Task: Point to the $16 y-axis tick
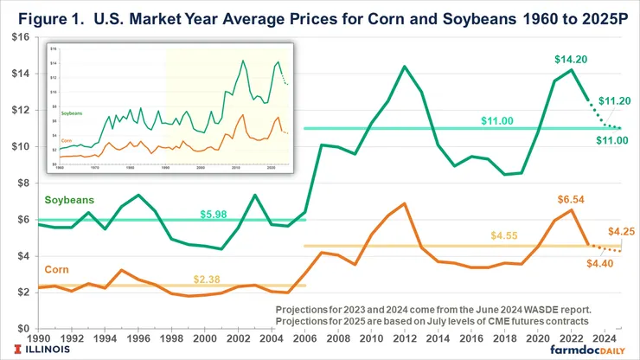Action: [20, 37]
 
